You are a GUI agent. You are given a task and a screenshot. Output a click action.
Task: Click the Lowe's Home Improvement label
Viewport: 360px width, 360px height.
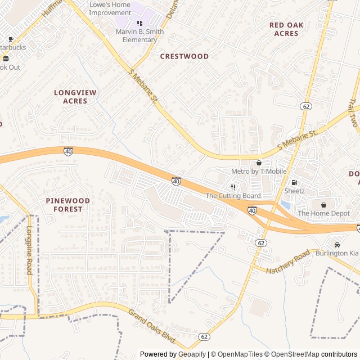tap(110, 8)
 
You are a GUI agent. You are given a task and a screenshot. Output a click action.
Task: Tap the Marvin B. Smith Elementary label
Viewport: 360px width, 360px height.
tap(139, 35)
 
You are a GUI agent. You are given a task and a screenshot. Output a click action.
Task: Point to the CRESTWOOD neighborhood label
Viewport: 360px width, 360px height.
tap(184, 56)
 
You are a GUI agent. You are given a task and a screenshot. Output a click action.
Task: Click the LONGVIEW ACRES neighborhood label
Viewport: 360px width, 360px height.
tap(75, 96)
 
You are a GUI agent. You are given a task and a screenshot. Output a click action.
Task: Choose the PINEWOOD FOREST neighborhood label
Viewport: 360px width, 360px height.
tap(68, 205)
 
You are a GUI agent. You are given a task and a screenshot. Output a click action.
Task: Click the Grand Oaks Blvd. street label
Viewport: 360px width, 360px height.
tap(152, 328)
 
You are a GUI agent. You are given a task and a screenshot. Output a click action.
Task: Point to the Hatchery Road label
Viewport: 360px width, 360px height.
tap(288, 262)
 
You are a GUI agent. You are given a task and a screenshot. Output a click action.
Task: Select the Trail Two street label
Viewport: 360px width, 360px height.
tap(353, 112)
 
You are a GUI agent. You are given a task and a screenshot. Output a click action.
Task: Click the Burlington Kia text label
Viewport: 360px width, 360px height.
tap(336, 253)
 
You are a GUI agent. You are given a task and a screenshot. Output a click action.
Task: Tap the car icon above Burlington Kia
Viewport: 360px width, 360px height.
tap(336, 245)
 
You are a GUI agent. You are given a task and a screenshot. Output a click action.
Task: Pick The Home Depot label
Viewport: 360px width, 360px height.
tap(323, 213)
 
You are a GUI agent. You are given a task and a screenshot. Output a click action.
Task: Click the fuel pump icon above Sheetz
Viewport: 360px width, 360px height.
tap(294, 183)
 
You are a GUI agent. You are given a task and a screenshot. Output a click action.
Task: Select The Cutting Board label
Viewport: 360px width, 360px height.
tap(233, 196)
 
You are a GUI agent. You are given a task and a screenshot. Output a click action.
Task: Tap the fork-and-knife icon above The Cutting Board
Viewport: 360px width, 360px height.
tap(233, 187)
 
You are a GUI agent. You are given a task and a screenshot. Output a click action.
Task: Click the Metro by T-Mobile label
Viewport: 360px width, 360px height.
tap(259, 171)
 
